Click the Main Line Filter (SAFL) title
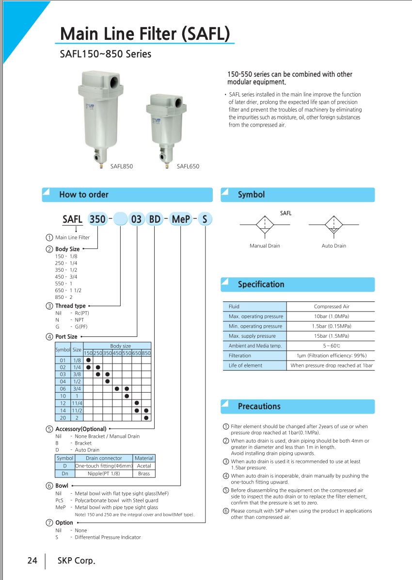(x=145, y=34)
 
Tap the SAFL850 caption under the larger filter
(x=122, y=166)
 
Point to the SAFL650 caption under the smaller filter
(x=188, y=166)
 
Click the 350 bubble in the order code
(x=97, y=219)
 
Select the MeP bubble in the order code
(x=181, y=219)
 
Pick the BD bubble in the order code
(x=155, y=219)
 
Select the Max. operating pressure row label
(x=255, y=316)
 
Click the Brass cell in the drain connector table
(x=144, y=474)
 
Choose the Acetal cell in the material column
(x=144, y=466)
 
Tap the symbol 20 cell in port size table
(x=63, y=417)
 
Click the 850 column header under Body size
(x=146, y=353)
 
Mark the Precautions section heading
(x=259, y=406)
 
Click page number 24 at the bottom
(x=32, y=561)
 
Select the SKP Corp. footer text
(x=76, y=561)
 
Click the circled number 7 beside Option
(x=49, y=523)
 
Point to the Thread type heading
(x=70, y=306)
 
